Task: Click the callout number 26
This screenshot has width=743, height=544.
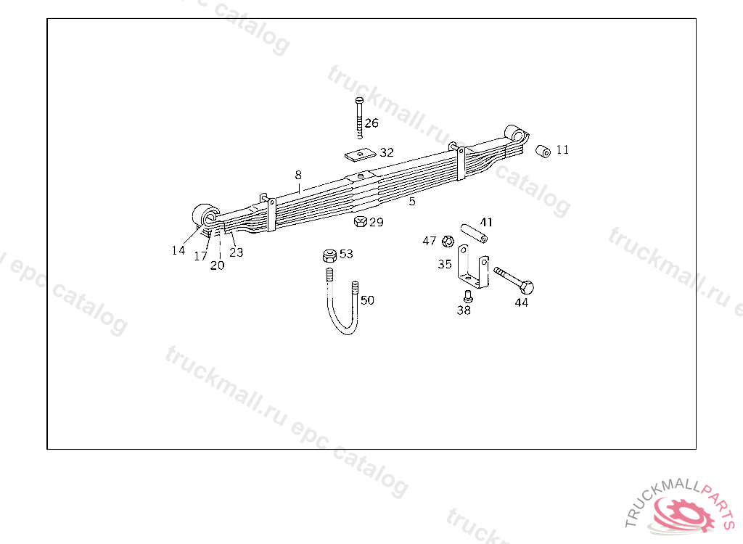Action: pyautogui.click(x=371, y=123)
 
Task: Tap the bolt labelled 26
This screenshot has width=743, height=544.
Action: pyautogui.click(x=359, y=116)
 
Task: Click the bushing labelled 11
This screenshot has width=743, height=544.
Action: pyautogui.click(x=542, y=151)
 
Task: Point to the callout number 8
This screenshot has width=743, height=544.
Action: pyautogui.click(x=298, y=175)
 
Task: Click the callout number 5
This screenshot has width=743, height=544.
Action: pyautogui.click(x=412, y=202)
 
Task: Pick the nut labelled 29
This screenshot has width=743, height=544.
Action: pyautogui.click(x=359, y=221)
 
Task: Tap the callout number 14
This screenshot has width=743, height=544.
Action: pyautogui.click(x=178, y=251)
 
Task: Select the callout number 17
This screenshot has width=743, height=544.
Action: pyautogui.click(x=200, y=256)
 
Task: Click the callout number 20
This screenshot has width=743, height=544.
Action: pyautogui.click(x=218, y=265)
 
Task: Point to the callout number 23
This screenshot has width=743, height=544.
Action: pyautogui.click(x=237, y=253)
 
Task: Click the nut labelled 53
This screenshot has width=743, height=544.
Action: pyautogui.click(x=329, y=255)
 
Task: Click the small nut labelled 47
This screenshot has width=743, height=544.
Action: pyautogui.click(x=448, y=240)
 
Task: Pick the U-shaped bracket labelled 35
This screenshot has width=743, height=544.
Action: pyautogui.click(x=472, y=270)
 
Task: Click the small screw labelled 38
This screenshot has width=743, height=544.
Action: pyautogui.click(x=467, y=296)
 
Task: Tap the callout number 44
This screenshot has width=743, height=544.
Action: pyautogui.click(x=522, y=303)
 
